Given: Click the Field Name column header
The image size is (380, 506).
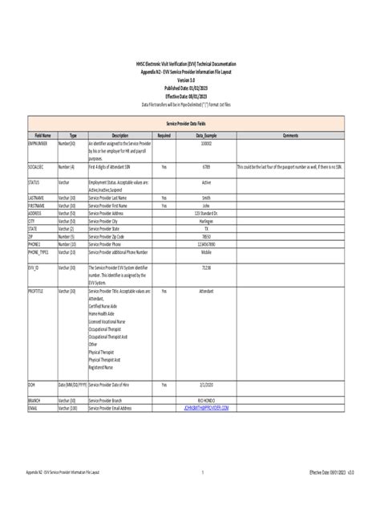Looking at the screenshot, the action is [x=42, y=136].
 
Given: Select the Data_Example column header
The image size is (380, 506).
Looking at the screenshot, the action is [x=206, y=136].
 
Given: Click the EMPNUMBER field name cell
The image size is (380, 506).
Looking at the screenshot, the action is [x=38, y=143].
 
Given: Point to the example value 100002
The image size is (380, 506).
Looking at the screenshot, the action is [x=206, y=143].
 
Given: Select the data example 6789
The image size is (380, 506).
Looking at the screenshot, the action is [x=206, y=167].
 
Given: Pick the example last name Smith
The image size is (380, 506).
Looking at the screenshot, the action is [x=206, y=198].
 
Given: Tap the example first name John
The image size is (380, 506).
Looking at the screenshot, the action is [x=206, y=206].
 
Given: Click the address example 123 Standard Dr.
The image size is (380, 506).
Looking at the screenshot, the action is [x=206, y=213].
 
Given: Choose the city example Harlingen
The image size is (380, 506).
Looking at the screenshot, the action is [x=206, y=221].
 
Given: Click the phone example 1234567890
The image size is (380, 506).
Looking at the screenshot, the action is [x=206, y=244].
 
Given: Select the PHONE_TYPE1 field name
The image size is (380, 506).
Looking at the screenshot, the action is [x=39, y=252].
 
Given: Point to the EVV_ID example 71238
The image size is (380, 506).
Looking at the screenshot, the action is [x=206, y=267].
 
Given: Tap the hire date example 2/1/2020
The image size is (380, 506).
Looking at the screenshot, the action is [x=206, y=385].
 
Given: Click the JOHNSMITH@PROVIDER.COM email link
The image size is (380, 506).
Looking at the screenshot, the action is [x=206, y=408].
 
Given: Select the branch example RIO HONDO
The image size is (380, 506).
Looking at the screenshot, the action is [x=206, y=400].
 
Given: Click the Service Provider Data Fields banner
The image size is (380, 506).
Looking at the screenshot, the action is [x=189, y=124].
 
